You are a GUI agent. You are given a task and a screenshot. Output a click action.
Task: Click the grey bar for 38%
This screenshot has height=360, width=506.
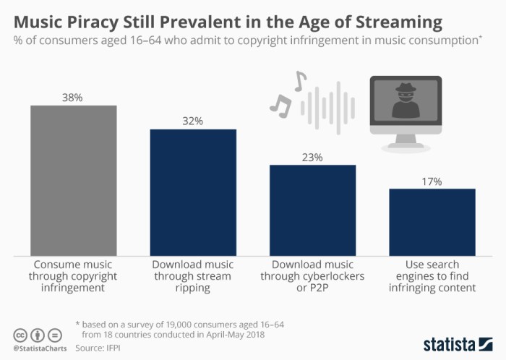[x=73, y=180]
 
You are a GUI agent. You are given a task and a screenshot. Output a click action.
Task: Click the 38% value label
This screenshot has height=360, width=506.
[x=73, y=97]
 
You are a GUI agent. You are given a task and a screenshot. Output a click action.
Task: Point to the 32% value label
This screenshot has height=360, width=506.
[x=193, y=121]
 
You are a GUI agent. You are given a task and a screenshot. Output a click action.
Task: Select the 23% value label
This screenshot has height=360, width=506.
[x=312, y=157]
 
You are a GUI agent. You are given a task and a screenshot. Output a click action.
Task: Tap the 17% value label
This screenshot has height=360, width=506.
[x=432, y=181]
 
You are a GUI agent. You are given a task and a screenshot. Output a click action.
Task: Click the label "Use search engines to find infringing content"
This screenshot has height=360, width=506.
[x=432, y=276]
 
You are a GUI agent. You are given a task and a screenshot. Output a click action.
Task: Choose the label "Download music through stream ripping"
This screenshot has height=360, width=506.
[x=193, y=276]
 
